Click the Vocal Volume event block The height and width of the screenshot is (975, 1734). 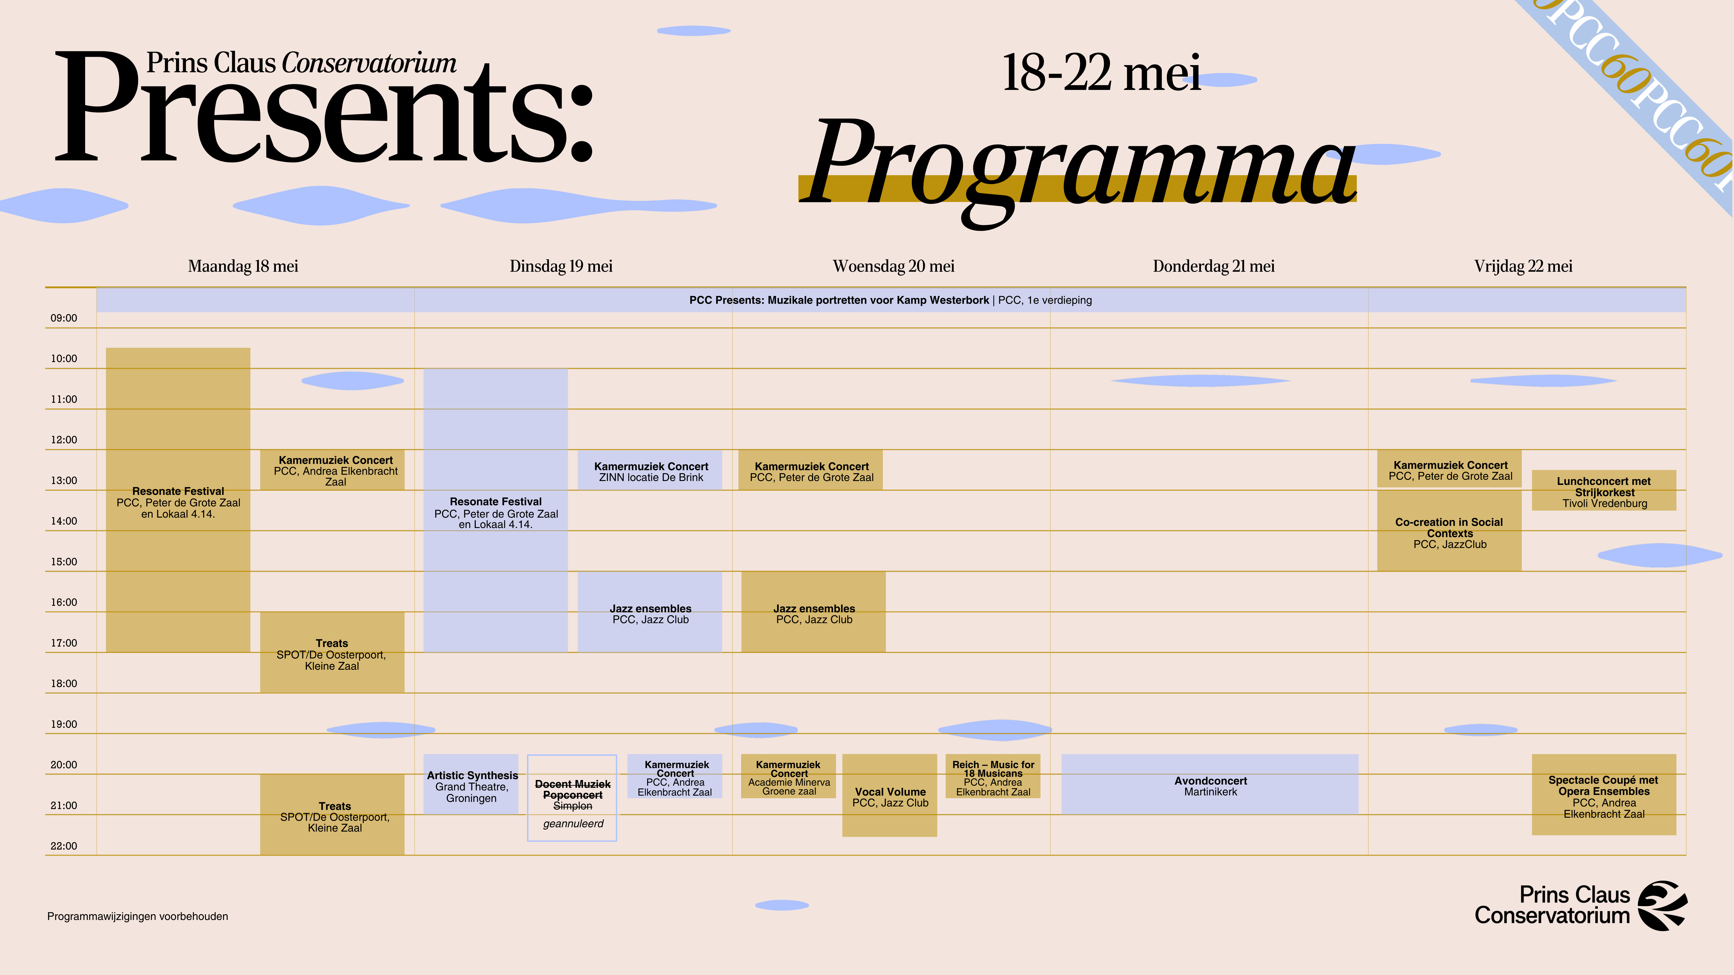pyautogui.click(x=889, y=795)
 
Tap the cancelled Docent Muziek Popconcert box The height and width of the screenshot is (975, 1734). pyautogui.click(x=572, y=798)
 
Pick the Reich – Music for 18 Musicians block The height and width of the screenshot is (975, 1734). pyautogui.click(x=993, y=777)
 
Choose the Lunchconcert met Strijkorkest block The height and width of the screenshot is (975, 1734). pyautogui.click(x=1604, y=491)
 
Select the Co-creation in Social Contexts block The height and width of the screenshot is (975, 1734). pyautogui.click(x=1449, y=531)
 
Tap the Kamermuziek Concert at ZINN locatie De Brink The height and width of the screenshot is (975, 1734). pyautogui.click(x=650, y=470)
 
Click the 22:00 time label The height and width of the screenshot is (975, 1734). pyautogui.click(x=64, y=846)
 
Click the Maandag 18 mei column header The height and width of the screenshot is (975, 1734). pyautogui.click(x=243, y=266)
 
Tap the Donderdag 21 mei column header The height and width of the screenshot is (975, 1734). pyautogui.click(x=1214, y=266)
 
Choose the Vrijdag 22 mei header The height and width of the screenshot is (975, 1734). pyautogui.click(x=1523, y=266)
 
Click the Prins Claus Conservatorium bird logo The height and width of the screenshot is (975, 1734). pyautogui.click(x=1662, y=906)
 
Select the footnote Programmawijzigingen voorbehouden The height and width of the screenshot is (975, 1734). pyautogui.click(x=137, y=916)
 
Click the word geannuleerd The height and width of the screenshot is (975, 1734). pyautogui.click(x=573, y=824)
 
